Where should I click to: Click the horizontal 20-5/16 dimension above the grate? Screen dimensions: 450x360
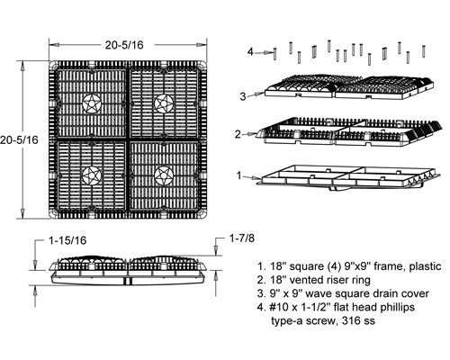(x=124, y=45)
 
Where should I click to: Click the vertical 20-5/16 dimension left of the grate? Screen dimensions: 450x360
(x=19, y=139)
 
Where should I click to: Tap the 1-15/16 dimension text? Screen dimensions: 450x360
(x=67, y=240)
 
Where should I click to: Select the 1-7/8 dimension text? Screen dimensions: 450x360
(x=242, y=238)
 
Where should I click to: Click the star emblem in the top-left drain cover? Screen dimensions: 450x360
(x=91, y=103)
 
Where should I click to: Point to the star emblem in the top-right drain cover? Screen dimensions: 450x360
(x=164, y=103)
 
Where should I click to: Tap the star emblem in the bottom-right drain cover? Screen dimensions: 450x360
(x=164, y=175)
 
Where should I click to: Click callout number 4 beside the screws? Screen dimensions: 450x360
(x=250, y=52)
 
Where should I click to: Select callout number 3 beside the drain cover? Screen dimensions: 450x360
(x=243, y=96)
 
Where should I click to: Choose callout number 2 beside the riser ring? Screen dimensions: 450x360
(x=238, y=134)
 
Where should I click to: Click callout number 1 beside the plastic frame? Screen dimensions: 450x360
(x=239, y=175)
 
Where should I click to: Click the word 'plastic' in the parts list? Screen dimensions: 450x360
(x=426, y=266)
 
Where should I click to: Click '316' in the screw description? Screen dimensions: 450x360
(x=353, y=320)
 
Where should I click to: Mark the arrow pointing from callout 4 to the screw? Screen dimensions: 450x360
(x=264, y=52)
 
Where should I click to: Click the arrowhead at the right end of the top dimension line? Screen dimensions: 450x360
(x=202, y=45)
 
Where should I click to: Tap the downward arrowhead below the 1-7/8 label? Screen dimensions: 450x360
(x=216, y=250)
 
